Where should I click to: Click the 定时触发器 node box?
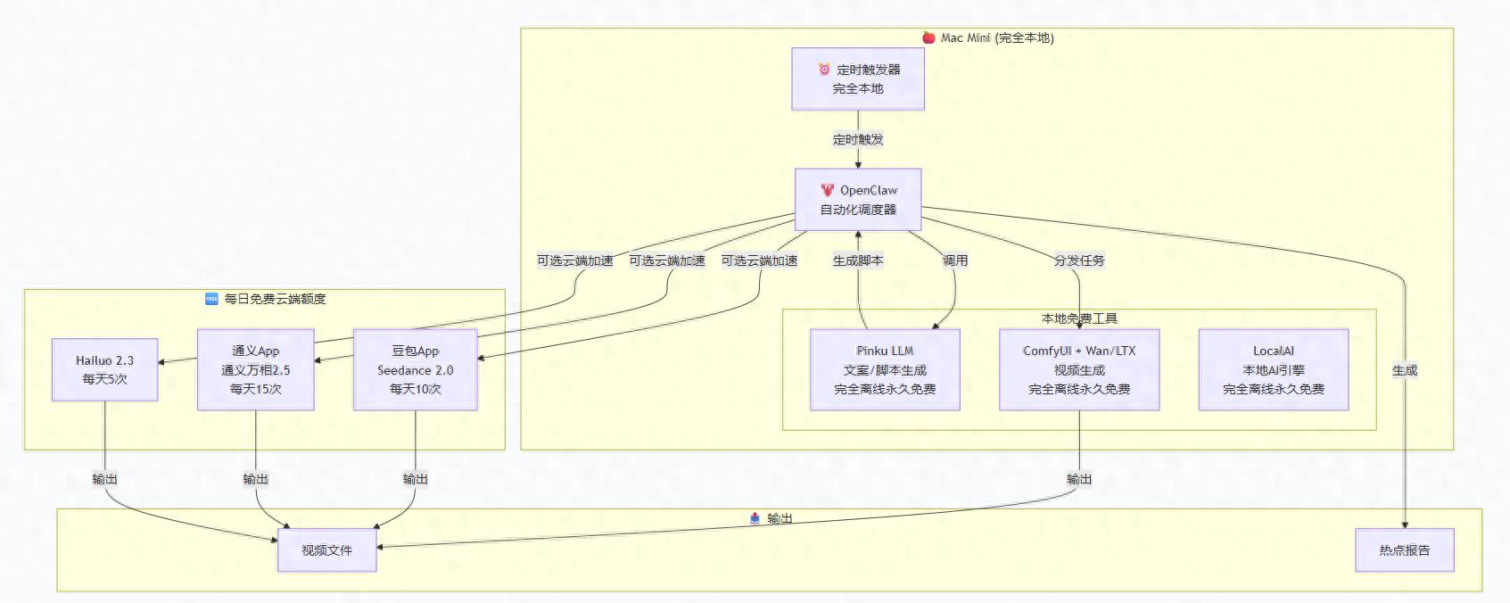pos(858,79)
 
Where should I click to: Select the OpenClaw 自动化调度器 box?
pos(858,200)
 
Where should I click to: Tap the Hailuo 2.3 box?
pos(104,369)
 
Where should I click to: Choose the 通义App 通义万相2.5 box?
pos(255,369)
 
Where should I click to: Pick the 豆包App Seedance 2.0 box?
pos(415,369)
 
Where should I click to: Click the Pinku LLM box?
pos(885,369)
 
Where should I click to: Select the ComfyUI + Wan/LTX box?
pos(1079,369)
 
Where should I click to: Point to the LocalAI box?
pos(1273,369)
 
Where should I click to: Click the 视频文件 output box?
pos(326,550)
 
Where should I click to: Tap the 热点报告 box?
pos(1404,550)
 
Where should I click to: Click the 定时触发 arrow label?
pos(858,139)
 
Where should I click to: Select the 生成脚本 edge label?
pos(858,260)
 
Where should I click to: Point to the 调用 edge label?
pos(955,260)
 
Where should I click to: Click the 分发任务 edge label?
pos(1079,260)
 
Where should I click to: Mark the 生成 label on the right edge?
pos(1404,370)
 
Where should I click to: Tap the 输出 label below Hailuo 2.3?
pos(104,479)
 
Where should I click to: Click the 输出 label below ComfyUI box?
pos(1079,479)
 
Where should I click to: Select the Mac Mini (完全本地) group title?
pos(996,38)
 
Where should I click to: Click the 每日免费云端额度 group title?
pos(274,299)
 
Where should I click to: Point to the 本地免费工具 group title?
pos(1079,318)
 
